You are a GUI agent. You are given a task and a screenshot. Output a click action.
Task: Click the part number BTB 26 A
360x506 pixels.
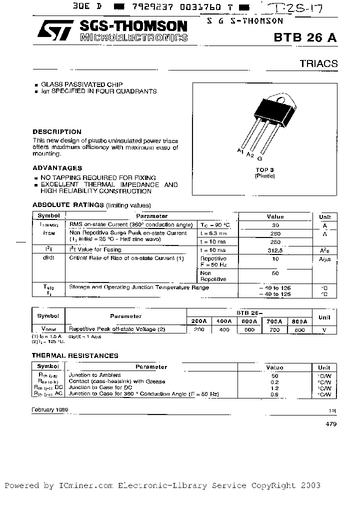click(x=305, y=38)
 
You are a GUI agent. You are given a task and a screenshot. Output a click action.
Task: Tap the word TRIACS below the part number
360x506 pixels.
click(x=318, y=63)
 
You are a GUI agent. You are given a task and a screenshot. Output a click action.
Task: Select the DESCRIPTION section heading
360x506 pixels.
click(x=57, y=132)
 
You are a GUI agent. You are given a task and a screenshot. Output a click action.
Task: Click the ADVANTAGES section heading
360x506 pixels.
click(x=57, y=168)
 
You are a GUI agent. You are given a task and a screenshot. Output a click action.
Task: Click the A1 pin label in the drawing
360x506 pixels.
click(x=240, y=150)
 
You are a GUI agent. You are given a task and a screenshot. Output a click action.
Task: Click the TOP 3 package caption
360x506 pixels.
click(x=265, y=170)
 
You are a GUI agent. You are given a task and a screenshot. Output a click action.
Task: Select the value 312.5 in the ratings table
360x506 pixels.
click(x=275, y=250)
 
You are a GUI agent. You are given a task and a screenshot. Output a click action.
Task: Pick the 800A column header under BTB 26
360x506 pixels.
click(x=298, y=321)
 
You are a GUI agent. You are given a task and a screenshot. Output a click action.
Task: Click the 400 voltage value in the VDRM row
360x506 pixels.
click(x=224, y=329)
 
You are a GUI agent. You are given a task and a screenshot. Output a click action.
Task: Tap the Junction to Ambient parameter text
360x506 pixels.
click(x=94, y=374)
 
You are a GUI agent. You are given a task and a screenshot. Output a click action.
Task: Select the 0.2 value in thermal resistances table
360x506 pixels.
click(x=274, y=381)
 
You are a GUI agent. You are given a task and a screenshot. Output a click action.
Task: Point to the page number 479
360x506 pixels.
click(x=331, y=423)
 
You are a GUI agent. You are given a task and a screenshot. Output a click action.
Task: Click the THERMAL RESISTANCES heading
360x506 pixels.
click(x=75, y=355)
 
